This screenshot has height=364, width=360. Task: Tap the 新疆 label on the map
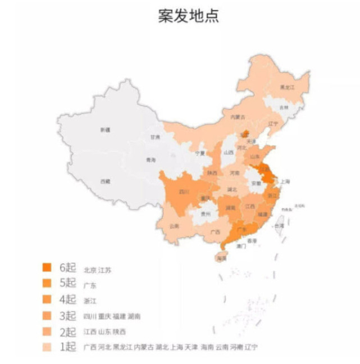(105, 130)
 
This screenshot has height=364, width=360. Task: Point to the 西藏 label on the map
(105, 181)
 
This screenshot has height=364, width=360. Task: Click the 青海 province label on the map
(151, 160)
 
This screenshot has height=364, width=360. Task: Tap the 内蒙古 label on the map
(238, 116)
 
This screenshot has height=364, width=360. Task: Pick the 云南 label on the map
(174, 226)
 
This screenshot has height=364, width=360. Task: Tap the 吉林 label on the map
(284, 107)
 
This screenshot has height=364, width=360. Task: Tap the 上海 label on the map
(285, 181)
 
